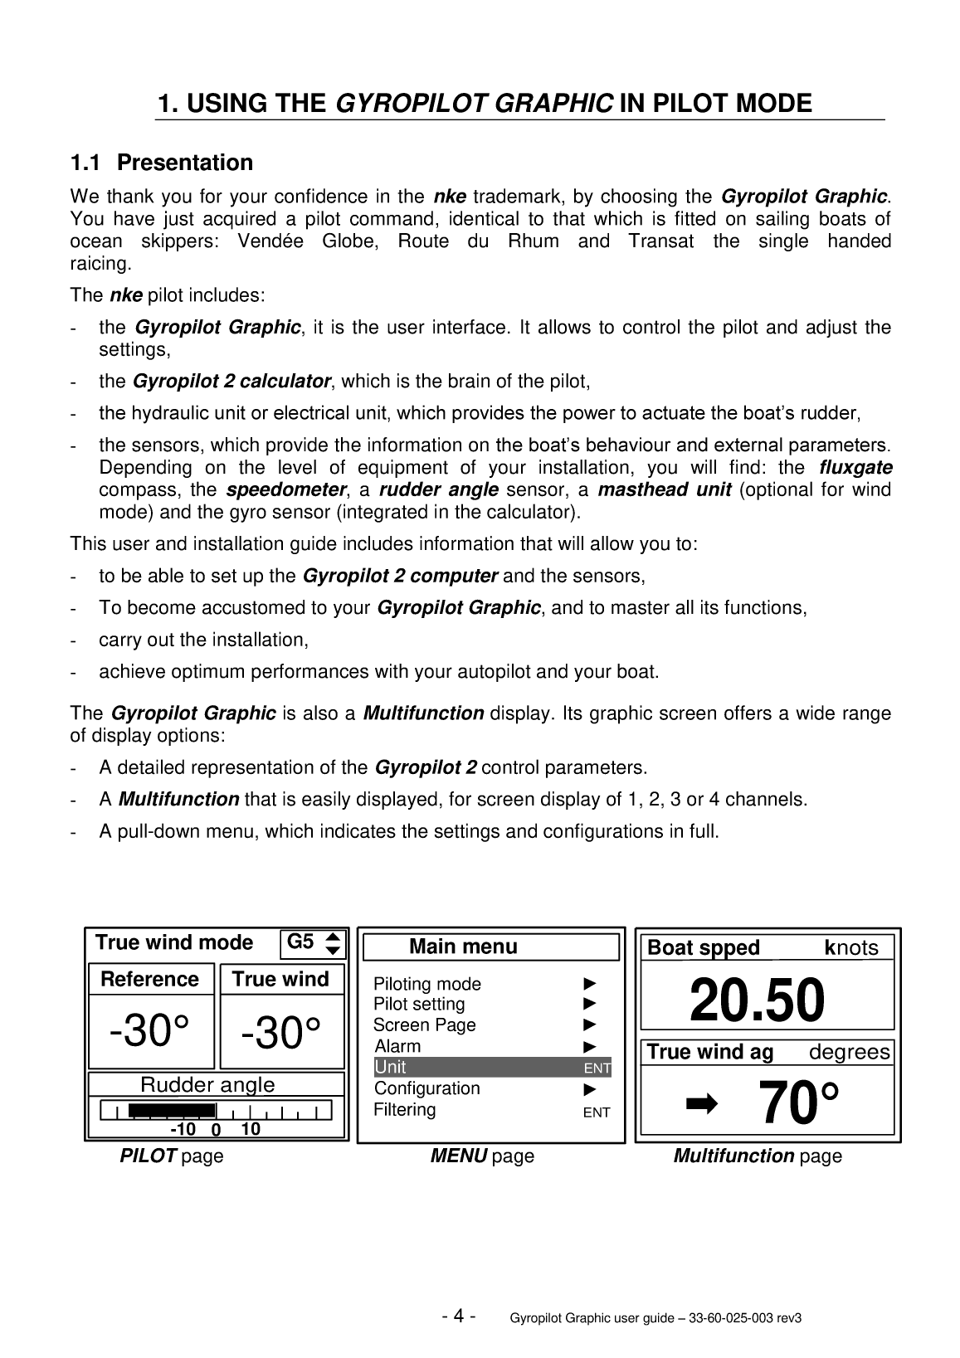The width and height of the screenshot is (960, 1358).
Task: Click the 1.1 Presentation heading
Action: (162, 163)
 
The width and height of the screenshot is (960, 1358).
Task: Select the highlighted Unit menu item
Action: (492, 1067)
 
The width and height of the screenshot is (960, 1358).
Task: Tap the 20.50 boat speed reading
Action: (757, 1000)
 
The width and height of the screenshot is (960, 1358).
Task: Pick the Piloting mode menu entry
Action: (427, 984)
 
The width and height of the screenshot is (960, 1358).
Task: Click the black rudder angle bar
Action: (172, 1110)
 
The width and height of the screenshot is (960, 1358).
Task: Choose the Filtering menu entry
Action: (405, 1110)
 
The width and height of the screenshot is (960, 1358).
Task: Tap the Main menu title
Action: (463, 947)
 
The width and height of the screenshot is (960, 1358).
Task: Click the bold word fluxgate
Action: (855, 468)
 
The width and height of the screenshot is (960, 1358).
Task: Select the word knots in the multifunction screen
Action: (851, 947)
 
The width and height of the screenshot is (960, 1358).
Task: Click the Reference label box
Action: (150, 980)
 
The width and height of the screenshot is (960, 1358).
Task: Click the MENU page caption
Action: (482, 1156)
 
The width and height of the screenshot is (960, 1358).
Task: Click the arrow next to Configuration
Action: (590, 1088)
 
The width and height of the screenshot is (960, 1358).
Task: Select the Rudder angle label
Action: (207, 1084)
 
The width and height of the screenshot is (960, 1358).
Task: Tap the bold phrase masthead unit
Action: (664, 490)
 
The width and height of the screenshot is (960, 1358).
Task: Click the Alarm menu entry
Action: (398, 1046)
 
